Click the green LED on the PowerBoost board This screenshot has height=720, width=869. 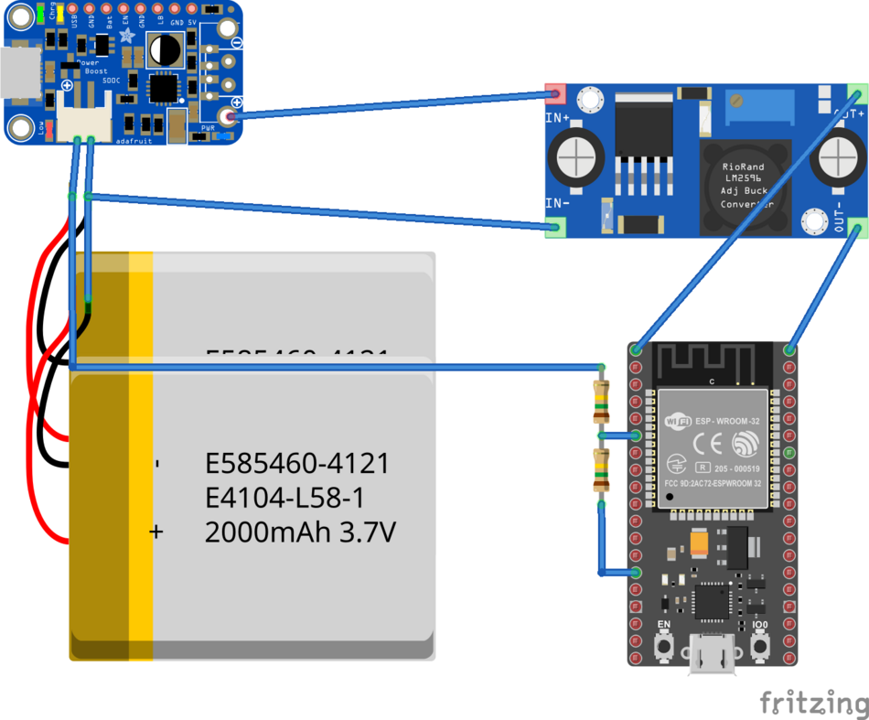(x=43, y=14)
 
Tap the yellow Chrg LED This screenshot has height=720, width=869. (x=59, y=14)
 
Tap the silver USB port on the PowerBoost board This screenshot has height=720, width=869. (x=17, y=73)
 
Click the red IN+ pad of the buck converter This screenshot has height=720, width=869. (x=554, y=92)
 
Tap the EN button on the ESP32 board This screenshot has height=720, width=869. (x=664, y=646)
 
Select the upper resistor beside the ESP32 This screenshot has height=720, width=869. (x=601, y=403)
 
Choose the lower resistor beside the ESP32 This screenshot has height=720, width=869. (x=601, y=470)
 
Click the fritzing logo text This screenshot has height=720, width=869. (x=813, y=703)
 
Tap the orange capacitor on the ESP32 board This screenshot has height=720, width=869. (x=701, y=545)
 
